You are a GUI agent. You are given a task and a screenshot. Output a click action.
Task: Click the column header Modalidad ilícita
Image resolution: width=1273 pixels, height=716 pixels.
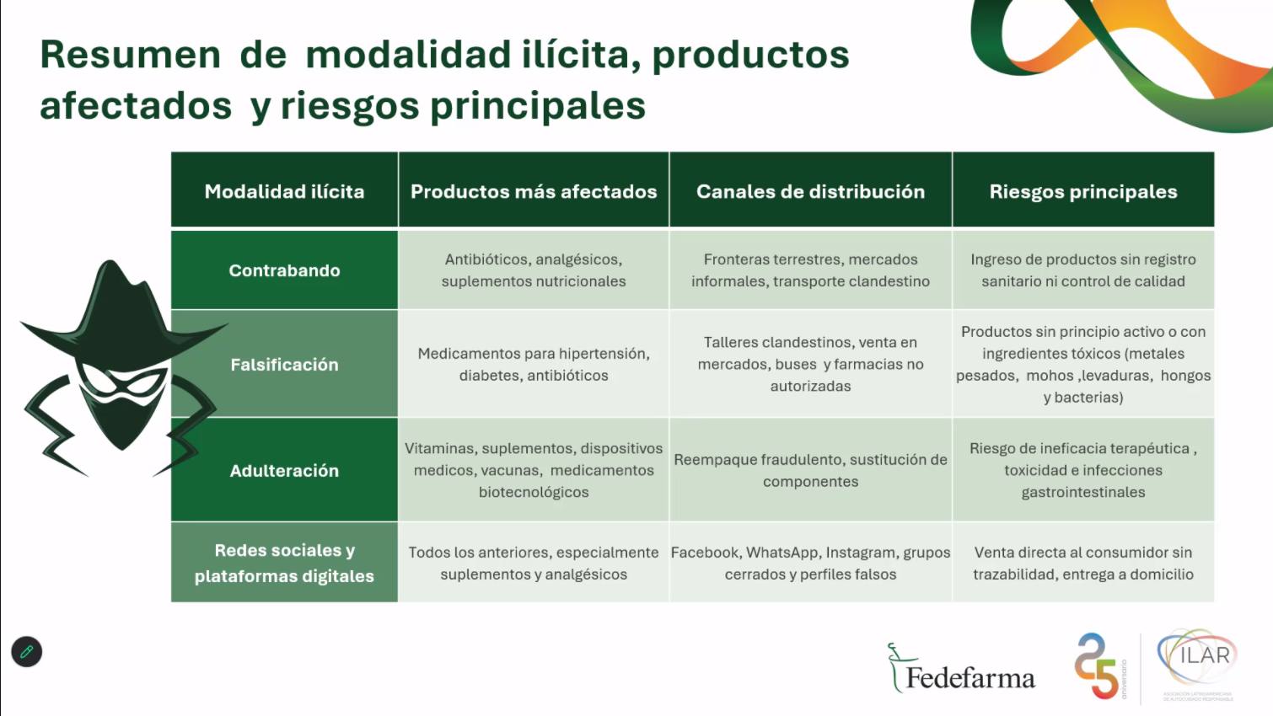[284, 192]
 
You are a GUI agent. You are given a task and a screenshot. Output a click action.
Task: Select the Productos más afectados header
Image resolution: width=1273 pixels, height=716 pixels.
[534, 192]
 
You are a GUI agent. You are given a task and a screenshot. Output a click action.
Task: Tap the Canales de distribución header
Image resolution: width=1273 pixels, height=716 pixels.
[810, 192]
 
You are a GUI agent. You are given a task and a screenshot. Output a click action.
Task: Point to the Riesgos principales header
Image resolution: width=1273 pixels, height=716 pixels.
[1083, 192]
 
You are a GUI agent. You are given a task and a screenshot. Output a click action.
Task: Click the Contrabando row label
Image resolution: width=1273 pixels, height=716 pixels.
[284, 270]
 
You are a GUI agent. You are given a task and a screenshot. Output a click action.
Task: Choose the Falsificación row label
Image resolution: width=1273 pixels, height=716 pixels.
[284, 365]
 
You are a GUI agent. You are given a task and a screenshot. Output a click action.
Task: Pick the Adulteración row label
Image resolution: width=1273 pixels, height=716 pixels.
[284, 471]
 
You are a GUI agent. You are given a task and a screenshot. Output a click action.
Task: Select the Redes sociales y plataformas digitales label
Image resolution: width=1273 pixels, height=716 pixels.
[284, 564]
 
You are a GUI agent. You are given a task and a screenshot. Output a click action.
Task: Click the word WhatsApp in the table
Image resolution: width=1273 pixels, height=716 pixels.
[782, 553]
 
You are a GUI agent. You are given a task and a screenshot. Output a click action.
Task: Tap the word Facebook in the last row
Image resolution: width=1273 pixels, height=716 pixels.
[705, 553]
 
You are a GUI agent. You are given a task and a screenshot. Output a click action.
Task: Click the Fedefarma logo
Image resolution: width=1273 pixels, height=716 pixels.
[961, 669]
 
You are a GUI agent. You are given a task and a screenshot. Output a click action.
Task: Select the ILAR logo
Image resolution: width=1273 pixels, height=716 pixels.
[1197, 664]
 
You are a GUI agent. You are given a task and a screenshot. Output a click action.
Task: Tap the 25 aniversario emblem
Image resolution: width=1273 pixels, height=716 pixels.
[1099, 666]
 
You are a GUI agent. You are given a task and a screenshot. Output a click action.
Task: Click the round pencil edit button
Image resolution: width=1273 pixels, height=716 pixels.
[27, 652]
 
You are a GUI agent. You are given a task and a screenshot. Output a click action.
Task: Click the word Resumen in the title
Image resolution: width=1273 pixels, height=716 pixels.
[130, 55]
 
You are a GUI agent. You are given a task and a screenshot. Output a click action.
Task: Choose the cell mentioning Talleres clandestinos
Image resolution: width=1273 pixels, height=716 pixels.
[810, 364]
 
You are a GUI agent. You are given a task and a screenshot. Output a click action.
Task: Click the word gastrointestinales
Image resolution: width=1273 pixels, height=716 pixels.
[1083, 492]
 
